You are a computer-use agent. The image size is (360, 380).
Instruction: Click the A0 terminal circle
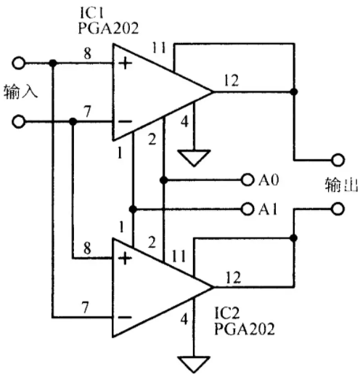(x=247, y=179)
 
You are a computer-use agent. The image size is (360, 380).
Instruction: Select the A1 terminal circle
(x=247, y=209)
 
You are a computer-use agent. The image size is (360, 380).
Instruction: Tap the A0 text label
(x=269, y=180)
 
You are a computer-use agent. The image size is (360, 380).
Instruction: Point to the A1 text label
(x=268, y=209)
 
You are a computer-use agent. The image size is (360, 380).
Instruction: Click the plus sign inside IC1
(x=125, y=63)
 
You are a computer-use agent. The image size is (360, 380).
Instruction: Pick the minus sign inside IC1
(x=125, y=121)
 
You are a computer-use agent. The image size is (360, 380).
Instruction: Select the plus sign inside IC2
(x=125, y=259)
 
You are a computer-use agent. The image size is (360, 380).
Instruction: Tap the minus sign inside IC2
(x=125, y=317)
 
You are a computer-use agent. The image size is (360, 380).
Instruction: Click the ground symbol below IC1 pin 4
(x=194, y=158)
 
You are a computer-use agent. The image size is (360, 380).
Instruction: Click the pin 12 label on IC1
(x=232, y=80)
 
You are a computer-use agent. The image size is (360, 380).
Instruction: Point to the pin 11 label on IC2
(x=179, y=256)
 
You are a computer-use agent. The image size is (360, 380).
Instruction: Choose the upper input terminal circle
(x=18, y=63)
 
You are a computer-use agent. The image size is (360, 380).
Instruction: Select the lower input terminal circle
(x=18, y=121)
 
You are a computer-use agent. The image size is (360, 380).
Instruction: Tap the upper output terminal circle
(x=338, y=160)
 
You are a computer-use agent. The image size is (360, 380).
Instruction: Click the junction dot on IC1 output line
(x=294, y=92)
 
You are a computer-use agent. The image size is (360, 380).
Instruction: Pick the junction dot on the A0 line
(x=164, y=180)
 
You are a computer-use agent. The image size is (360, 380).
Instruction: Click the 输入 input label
(x=21, y=92)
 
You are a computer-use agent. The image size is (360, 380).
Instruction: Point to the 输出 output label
(x=341, y=185)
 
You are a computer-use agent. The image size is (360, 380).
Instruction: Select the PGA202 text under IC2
(x=245, y=328)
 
